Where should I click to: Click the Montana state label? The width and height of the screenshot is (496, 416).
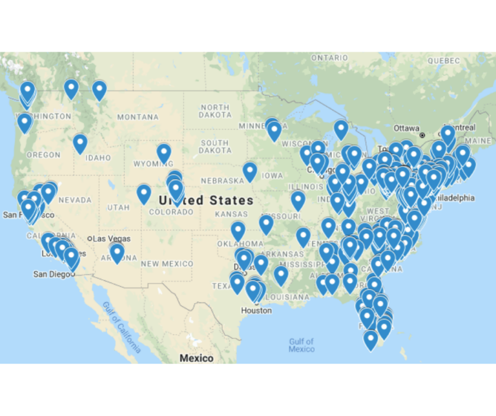pos(137,117)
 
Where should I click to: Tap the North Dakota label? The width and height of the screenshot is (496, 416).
pos(215,111)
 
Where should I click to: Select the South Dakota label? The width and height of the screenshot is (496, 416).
pos(214,147)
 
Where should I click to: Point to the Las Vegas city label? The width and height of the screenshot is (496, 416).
pos(110,239)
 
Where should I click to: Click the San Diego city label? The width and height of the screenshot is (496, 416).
pos(54,275)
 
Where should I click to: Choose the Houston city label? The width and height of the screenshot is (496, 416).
pos(256,311)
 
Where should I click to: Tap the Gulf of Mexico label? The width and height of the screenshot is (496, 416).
pos(301,345)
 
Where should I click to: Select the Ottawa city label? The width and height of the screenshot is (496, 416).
pos(406,127)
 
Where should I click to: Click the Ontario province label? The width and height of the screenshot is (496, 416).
pos(329,58)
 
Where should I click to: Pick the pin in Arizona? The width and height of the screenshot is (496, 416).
pos(117,252)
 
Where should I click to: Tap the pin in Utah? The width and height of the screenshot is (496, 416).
pos(144,193)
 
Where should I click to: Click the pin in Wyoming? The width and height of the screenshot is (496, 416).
pos(164,153)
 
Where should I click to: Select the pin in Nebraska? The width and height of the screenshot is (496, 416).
pos(250,171)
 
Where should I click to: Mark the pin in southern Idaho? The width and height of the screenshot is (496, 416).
pos(80,143)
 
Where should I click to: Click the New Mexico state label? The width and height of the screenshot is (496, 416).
pos(167,264)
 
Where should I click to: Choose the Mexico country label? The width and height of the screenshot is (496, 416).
pos(196,358)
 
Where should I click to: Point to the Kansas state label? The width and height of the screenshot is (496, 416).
pos(231,214)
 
